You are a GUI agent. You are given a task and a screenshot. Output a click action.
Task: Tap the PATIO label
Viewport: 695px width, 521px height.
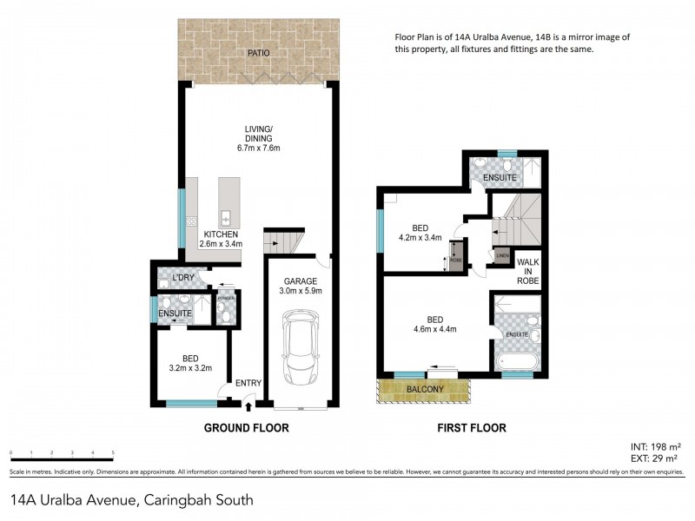[257, 53]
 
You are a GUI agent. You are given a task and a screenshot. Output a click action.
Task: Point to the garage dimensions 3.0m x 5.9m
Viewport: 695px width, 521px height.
[301, 293]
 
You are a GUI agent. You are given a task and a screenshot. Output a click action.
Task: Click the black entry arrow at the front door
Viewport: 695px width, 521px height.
[250, 404]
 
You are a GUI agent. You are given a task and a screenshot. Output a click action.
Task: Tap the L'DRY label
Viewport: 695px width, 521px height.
[182, 277]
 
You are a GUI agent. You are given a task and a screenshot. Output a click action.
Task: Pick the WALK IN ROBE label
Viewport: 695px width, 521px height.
[528, 271]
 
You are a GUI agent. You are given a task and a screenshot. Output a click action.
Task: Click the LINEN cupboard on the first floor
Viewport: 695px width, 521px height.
[501, 255]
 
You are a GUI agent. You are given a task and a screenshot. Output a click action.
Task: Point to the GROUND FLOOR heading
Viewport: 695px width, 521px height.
[246, 428]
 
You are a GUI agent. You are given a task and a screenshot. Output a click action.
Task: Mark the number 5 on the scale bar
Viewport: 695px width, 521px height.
[114, 453]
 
